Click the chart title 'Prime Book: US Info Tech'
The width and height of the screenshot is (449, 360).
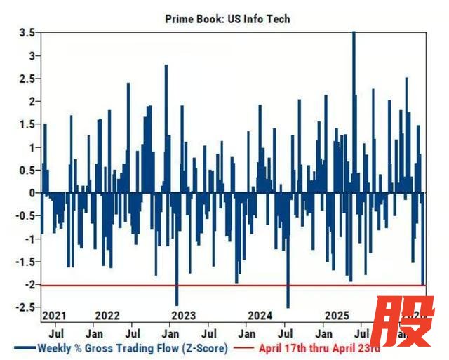[227, 19]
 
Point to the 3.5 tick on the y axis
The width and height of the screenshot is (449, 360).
[27, 33]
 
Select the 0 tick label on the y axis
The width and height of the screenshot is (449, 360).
[31, 193]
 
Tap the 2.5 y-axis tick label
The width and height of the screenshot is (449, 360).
[27, 79]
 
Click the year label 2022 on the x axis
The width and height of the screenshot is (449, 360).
[107, 315]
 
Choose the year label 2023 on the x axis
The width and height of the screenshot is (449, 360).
[183, 315]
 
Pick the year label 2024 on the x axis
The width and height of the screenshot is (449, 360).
[260, 315]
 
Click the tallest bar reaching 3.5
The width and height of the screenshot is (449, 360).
[354, 112]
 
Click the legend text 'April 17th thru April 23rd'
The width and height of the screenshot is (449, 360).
[319, 347]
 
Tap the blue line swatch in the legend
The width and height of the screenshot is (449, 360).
[23, 347]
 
